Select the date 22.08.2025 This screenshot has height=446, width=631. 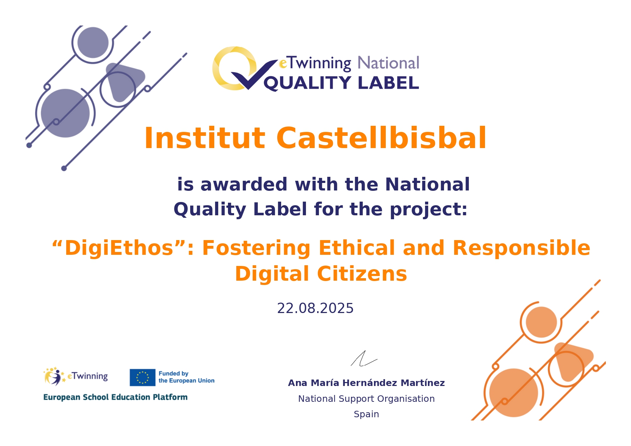click(x=315, y=308)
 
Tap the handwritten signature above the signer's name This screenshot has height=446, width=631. click(x=364, y=359)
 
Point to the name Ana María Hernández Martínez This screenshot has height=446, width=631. click(x=366, y=383)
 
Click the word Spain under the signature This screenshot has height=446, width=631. click(x=366, y=414)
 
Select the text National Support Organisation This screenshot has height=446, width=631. click(x=366, y=399)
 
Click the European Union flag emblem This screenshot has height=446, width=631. click(x=142, y=377)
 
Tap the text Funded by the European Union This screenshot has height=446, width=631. click(x=187, y=377)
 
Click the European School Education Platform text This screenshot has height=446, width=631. click(x=115, y=397)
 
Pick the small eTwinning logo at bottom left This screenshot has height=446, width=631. click(x=76, y=376)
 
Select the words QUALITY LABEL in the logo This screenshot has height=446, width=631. click(x=342, y=83)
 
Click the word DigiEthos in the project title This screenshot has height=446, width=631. click(x=119, y=248)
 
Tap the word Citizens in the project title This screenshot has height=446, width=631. click(x=362, y=274)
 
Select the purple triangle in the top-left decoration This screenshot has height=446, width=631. click(x=124, y=82)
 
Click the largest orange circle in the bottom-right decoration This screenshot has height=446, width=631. click(x=514, y=393)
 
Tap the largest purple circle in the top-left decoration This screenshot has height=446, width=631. click(x=65, y=113)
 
